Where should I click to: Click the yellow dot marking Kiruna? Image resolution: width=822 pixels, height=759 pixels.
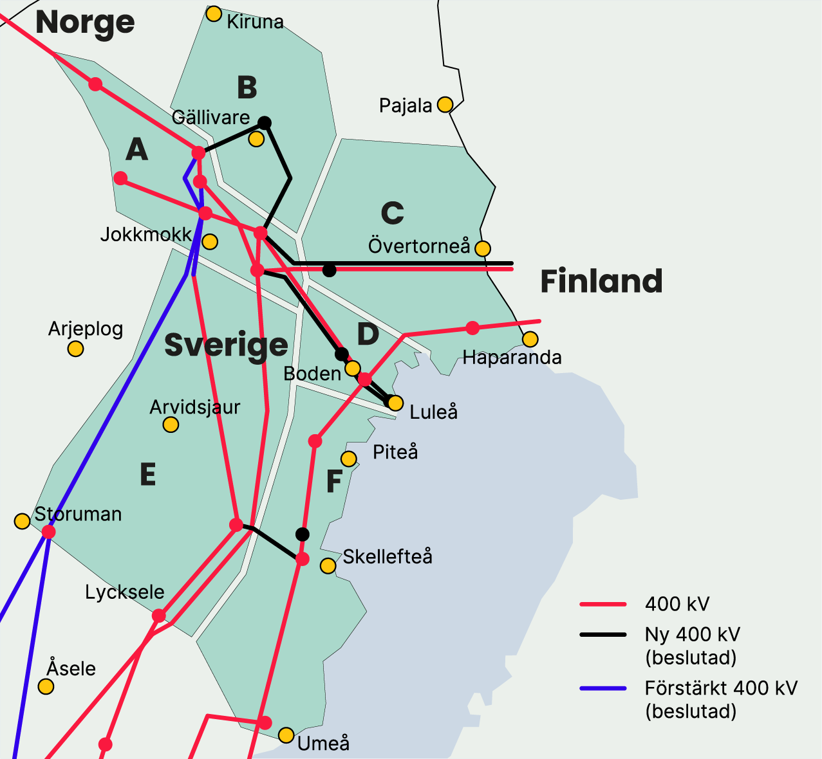[x=214, y=14]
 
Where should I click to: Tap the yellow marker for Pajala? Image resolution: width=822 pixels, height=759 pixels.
[x=445, y=104]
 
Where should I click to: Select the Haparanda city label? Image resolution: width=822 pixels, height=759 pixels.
[x=512, y=358]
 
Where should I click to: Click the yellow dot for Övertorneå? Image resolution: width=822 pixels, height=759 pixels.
[x=482, y=248]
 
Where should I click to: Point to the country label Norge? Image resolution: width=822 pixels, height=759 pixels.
[x=85, y=23]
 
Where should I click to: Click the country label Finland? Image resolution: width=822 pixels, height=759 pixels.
[x=601, y=282]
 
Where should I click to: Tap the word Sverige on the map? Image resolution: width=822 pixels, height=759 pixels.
[x=226, y=345]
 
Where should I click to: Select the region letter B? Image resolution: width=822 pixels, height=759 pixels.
[x=247, y=88]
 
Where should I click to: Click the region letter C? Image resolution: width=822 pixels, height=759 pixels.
[x=392, y=213]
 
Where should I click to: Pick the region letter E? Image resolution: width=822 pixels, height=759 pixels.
[x=148, y=475]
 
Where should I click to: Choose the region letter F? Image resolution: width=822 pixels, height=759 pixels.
[x=334, y=482]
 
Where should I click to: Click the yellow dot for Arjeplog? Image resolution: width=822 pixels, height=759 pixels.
[x=75, y=349]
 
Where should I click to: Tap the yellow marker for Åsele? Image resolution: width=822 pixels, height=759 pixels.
[x=46, y=686]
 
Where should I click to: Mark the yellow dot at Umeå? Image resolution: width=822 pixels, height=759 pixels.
[x=286, y=735]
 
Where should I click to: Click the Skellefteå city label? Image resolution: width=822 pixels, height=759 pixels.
[x=387, y=557]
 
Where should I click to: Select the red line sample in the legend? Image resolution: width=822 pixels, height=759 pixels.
[x=602, y=605]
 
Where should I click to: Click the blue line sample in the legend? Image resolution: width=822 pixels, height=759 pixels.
[x=602, y=689]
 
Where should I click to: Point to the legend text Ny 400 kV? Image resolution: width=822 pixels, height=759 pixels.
[x=692, y=635]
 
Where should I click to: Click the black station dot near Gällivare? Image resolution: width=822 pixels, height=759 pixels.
[x=265, y=123]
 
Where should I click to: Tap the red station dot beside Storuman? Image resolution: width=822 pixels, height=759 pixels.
[x=48, y=532]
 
